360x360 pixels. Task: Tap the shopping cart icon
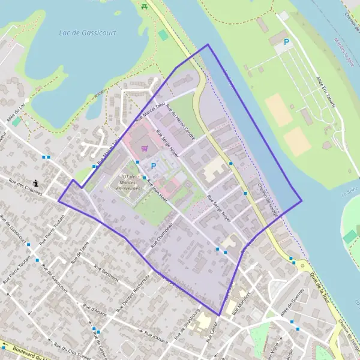[144, 148]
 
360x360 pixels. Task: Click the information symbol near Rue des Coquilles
[37, 182]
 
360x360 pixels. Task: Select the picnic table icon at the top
[145, 6]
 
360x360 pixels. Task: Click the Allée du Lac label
[16, 113]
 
